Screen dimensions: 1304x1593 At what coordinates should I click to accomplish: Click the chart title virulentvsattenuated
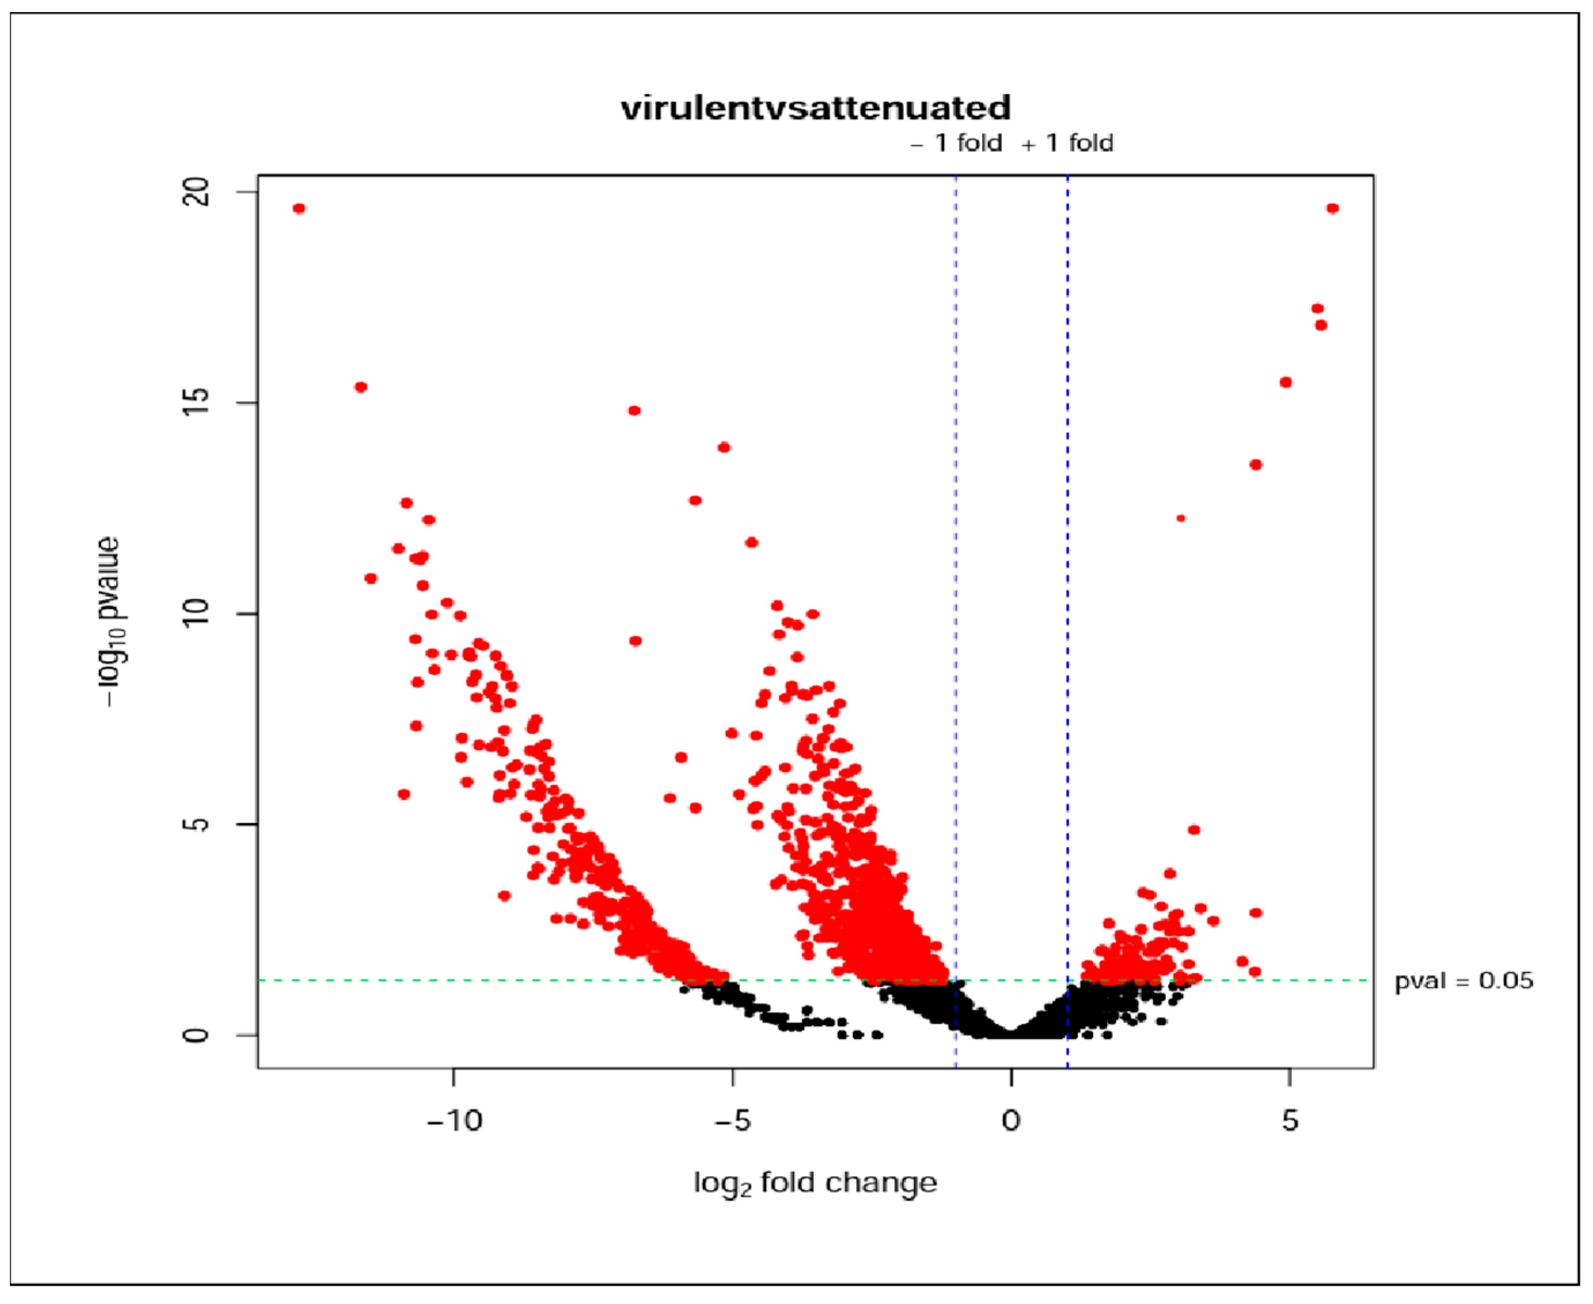coord(816,108)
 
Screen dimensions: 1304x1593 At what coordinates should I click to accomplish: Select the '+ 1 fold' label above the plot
coord(1068,143)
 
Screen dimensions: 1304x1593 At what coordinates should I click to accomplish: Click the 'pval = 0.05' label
coord(1463,981)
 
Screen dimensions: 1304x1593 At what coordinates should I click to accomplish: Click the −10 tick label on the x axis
coord(454,1121)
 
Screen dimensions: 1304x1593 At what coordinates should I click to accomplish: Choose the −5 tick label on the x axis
coord(732,1121)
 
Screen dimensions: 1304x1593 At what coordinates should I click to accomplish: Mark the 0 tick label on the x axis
coord(1011,1121)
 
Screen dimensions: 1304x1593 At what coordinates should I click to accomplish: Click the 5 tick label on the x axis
coord(1290,1121)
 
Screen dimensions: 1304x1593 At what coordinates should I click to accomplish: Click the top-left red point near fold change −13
coord(299,209)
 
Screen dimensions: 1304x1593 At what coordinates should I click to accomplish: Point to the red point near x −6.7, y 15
coord(634,411)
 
